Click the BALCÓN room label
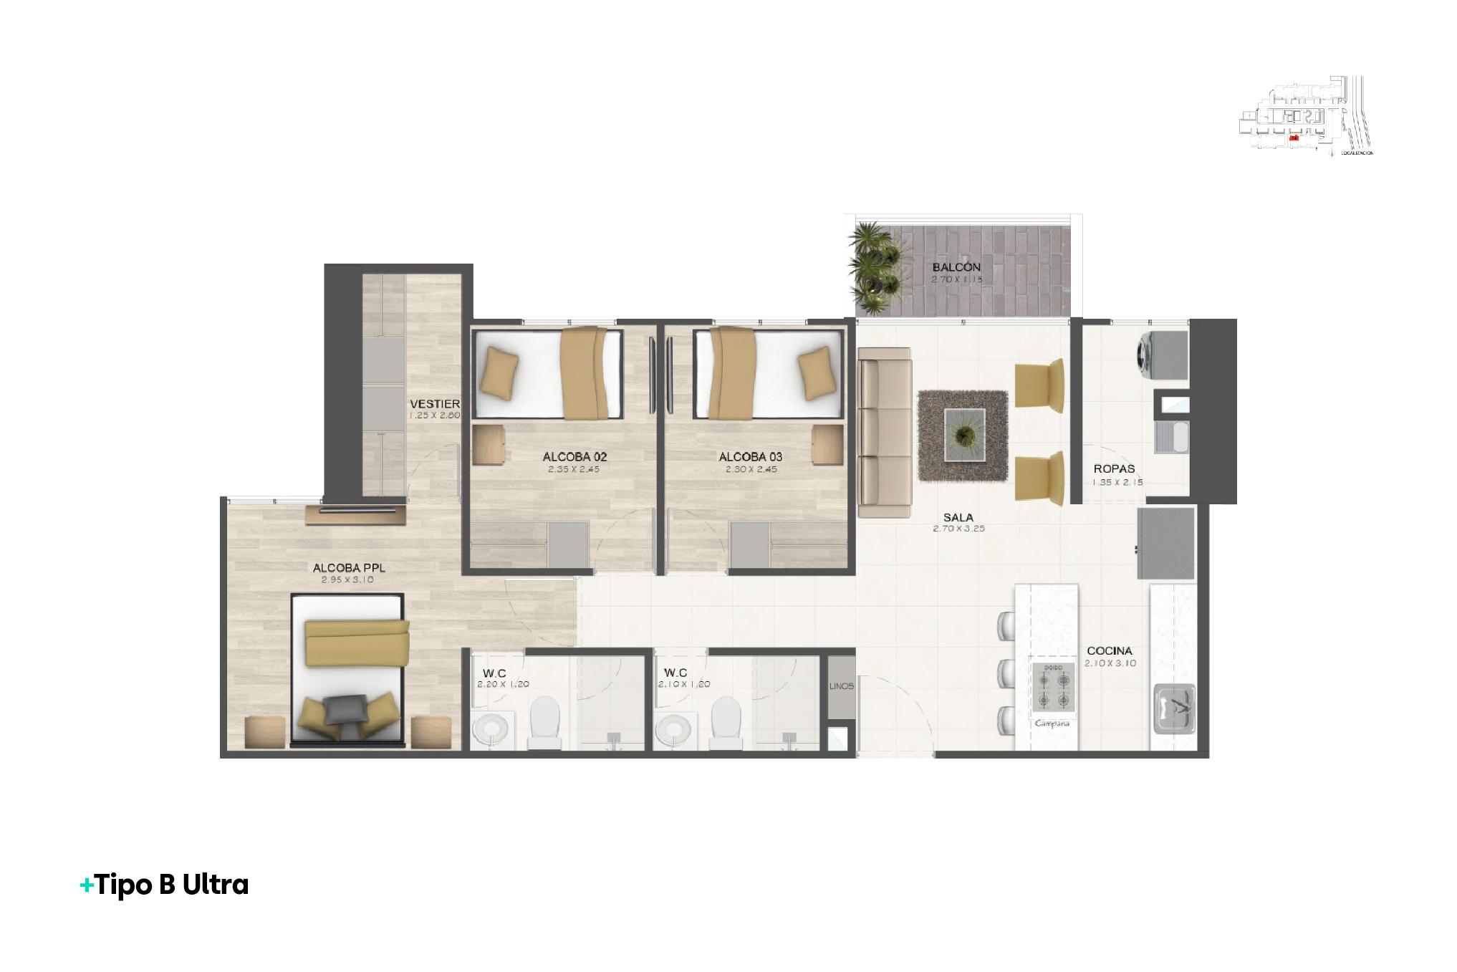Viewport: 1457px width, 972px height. pyautogui.click(x=956, y=268)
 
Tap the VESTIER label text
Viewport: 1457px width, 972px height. pyautogui.click(x=434, y=404)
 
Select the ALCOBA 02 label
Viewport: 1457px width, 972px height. pyautogui.click(x=574, y=457)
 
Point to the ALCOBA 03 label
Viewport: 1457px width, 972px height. pyautogui.click(x=750, y=457)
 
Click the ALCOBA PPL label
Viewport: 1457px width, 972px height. pyautogui.click(x=349, y=568)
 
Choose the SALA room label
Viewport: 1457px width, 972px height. pyautogui.click(x=958, y=517)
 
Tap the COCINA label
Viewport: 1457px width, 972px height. pyautogui.click(x=1110, y=651)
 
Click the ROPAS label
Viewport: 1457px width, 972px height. pyautogui.click(x=1114, y=469)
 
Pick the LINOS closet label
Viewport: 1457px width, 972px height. pyautogui.click(x=842, y=686)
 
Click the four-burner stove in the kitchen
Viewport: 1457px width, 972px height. pyautogui.click(x=1052, y=685)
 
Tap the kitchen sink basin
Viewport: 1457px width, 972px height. pyautogui.click(x=1173, y=708)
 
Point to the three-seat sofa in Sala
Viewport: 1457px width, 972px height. pyautogui.click(x=884, y=433)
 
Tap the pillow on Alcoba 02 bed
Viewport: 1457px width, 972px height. pyautogui.click(x=499, y=372)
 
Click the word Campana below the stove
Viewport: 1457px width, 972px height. pyautogui.click(x=1052, y=723)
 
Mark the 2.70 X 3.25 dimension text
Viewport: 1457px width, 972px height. pyautogui.click(x=958, y=529)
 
